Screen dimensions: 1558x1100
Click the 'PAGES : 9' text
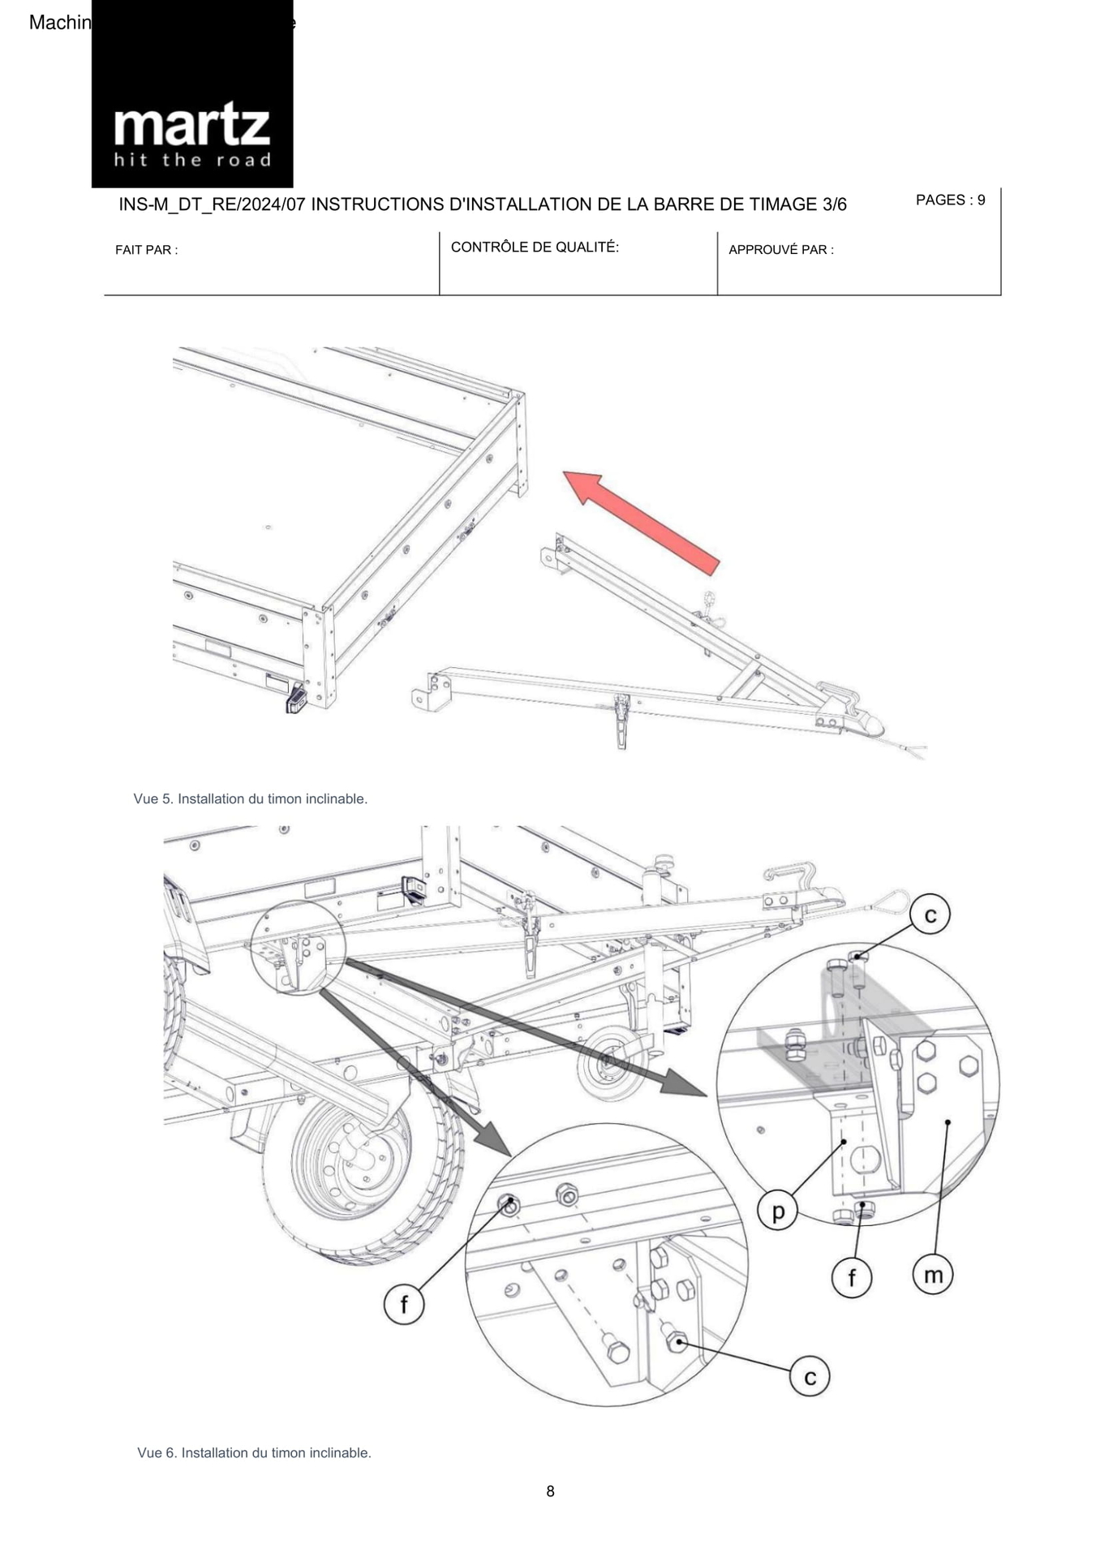(x=950, y=200)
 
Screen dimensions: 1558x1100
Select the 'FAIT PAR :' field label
(x=146, y=250)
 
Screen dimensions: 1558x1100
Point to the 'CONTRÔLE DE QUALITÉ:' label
(x=535, y=247)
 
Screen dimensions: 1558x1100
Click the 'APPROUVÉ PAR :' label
(x=780, y=250)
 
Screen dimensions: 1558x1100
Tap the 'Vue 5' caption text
(x=250, y=798)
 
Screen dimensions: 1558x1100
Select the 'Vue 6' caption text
(x=254, y=1453)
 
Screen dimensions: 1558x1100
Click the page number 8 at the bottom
(x=550, y=1491)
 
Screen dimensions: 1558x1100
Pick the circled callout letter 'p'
(x=777, y=1212)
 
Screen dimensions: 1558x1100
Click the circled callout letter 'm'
(x=933, y=1275)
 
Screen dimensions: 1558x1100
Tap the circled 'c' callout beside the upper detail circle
(x=930, y=915)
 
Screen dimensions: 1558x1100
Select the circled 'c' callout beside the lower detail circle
(x=810, y=1377)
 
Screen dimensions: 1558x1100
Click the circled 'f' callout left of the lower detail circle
(x=403, y=1305)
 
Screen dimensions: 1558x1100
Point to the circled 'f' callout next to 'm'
(x=852, y=1278)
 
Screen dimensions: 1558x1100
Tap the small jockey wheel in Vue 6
(x=609, y=1062)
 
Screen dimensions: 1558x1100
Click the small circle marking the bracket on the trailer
(x=298, y=947)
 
